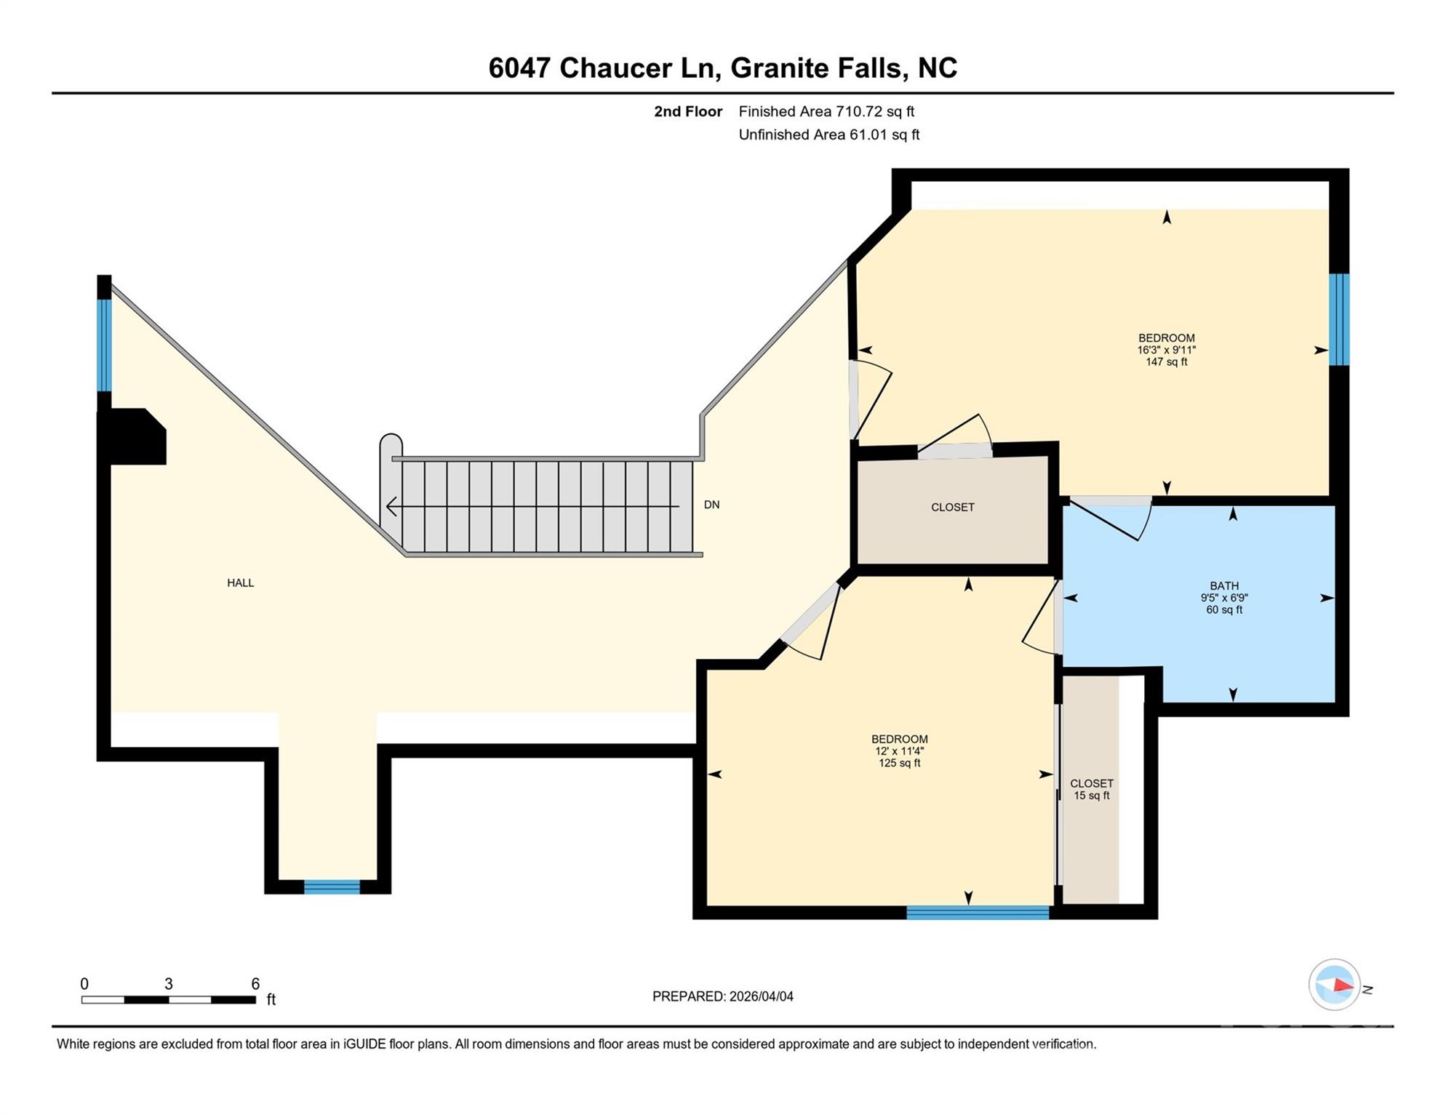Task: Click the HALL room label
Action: tap(240, 583)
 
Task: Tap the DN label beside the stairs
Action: tap(711, 505)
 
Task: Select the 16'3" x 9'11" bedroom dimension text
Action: tap(1166, 350)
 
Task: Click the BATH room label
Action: tap(1223, 585)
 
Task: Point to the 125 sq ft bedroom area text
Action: tap(899, 763)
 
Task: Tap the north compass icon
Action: tap(1335, 985)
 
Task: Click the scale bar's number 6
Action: tap(255, 984)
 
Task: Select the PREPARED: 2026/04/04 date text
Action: tap(722, 996)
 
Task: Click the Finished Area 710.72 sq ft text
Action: tap(826, 111)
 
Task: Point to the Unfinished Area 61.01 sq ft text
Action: tap(828, 135)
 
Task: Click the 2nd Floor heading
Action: tap(687, 111)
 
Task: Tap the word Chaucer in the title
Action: tap(615, 68)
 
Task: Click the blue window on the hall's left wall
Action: tap(105, 345)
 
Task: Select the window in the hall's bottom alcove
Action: tap(332, 886)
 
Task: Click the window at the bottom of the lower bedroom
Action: tap(977, 913)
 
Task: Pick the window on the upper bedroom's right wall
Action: tap(1339, 319)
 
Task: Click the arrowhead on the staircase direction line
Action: tap(391, 506)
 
